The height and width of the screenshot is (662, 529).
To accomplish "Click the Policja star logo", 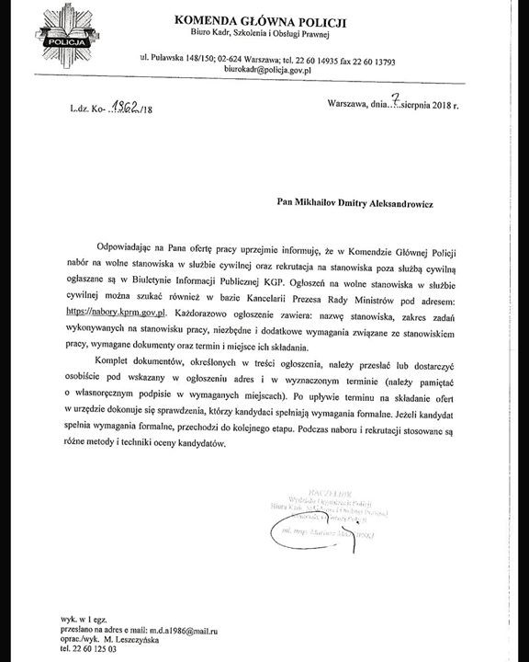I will point(64,37).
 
